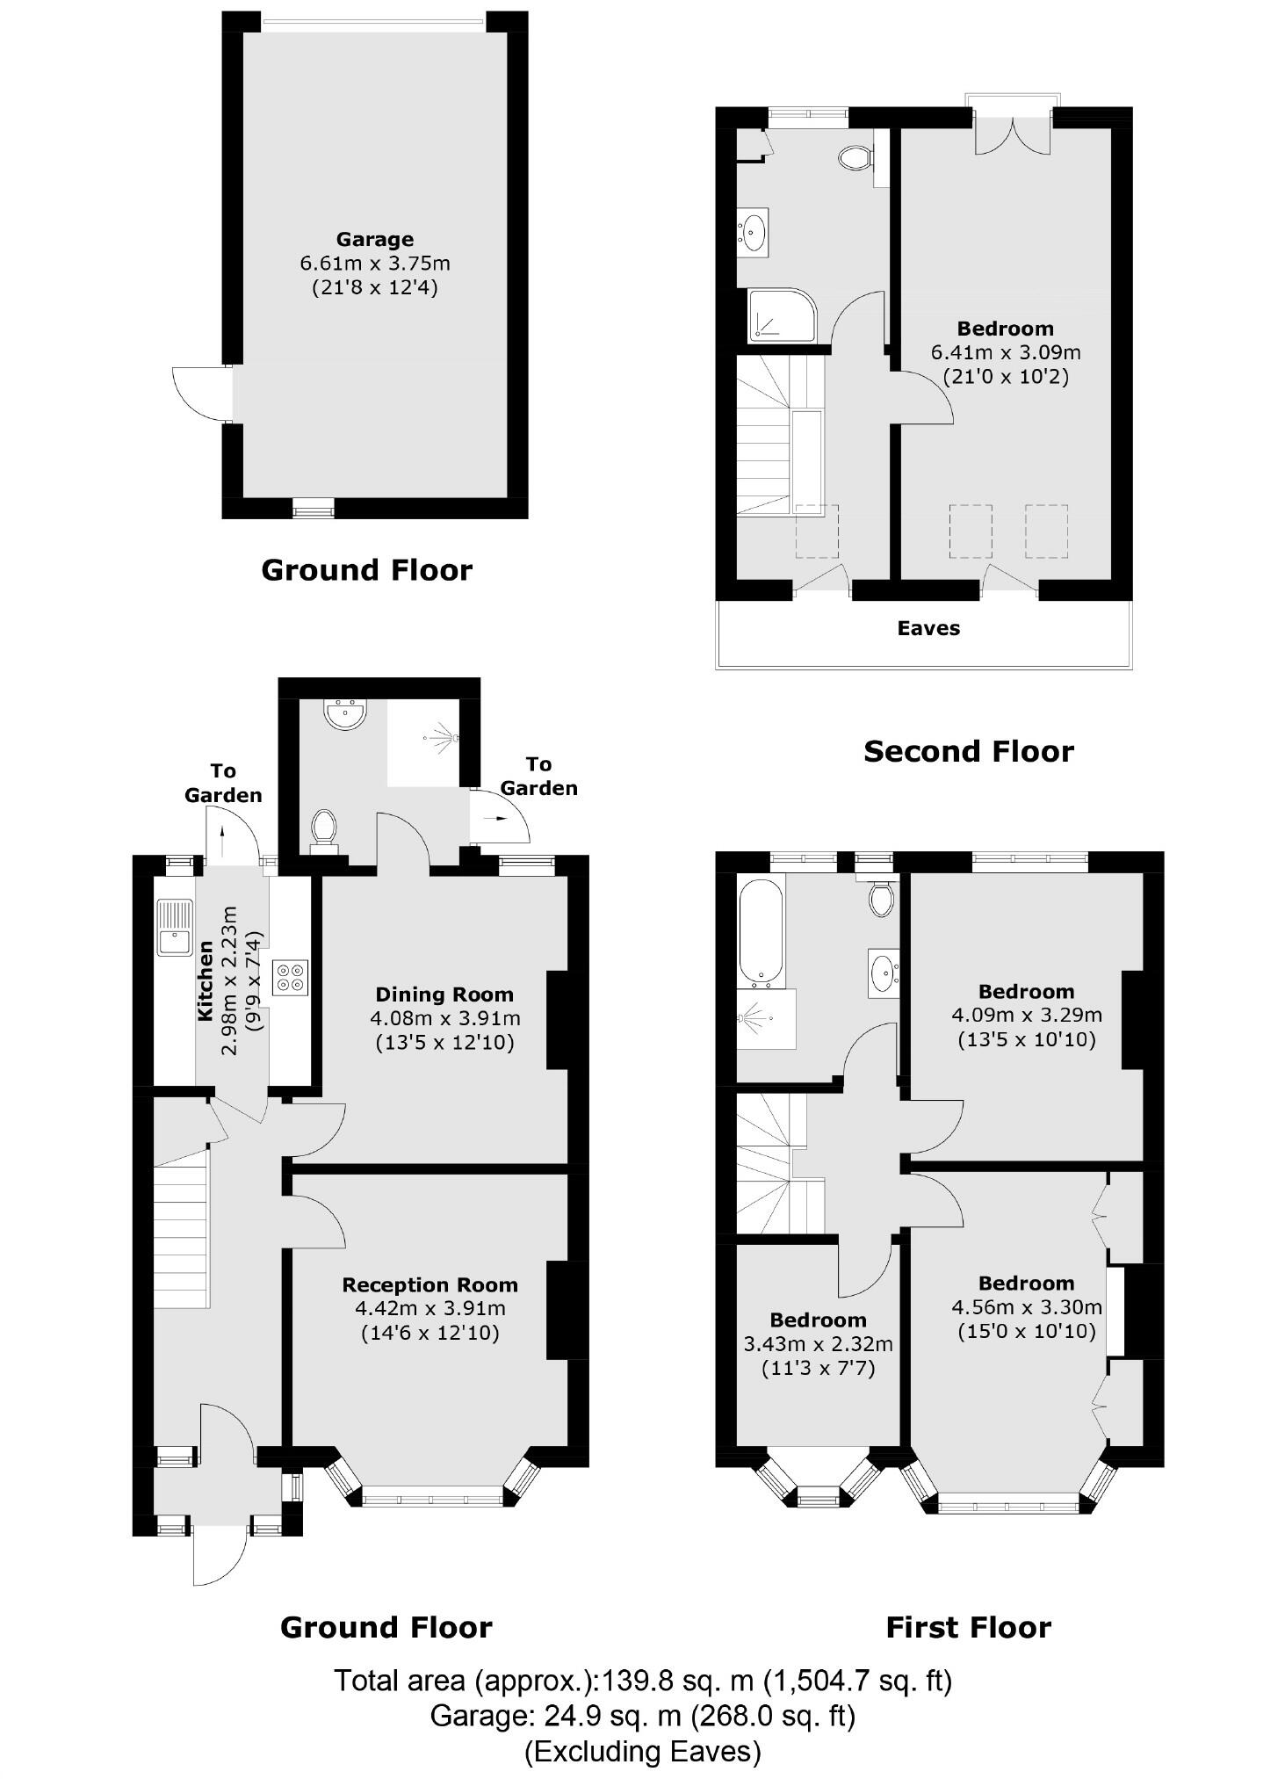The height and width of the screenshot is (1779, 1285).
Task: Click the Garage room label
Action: (x=374, y=239)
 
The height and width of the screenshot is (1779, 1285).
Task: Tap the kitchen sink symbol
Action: (x=175, y=927)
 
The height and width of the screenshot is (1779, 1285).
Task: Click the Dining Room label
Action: (x=444, y=994)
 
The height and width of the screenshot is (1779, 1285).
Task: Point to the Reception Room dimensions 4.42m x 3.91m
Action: (x=430, y=1308)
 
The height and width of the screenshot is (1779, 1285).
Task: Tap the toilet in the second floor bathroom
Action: (x=854, y=158)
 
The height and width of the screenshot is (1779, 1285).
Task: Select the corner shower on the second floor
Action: (x=781, y=315)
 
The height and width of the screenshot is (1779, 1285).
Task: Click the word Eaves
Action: (x=928, y=628)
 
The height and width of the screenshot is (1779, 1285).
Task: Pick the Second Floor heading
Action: (x=968, y=752)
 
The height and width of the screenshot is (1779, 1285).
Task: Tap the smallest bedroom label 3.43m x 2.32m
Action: (x=818, y=1344)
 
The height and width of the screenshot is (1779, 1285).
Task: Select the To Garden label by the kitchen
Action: (x=223, y=783)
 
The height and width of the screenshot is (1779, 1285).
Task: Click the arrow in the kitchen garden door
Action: (x=222, y=841)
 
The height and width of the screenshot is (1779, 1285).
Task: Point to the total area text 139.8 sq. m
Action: (x=642, y=1681)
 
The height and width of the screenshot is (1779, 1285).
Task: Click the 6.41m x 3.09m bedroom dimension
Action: (x=1006, y=352)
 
